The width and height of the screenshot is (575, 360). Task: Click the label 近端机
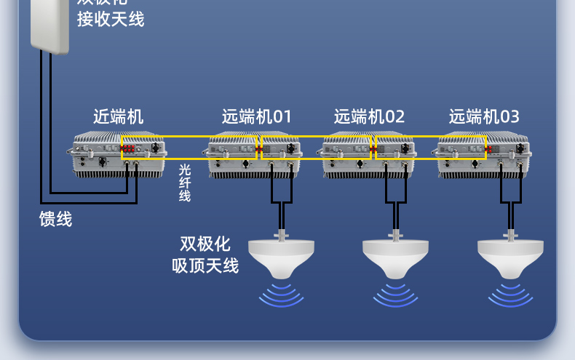(119, 116)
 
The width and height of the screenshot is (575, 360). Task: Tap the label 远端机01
(256, 116)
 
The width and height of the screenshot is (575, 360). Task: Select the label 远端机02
(369, 116)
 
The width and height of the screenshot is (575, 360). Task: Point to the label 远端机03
(484, 116)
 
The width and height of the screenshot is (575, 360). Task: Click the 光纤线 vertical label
(185, 182)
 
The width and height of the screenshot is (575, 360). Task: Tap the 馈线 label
(56, 218)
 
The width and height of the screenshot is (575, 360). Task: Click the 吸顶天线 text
(205, 265)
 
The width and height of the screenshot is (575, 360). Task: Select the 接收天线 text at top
(111, 20)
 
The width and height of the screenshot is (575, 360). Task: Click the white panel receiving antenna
(49, 25)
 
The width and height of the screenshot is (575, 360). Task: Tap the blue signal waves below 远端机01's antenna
(282, 294)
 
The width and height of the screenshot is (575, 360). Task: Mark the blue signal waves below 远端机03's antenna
(509, 294)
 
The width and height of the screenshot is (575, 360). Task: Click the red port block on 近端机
(130, 149)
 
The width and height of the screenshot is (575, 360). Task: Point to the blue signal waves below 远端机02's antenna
(395, 294)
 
